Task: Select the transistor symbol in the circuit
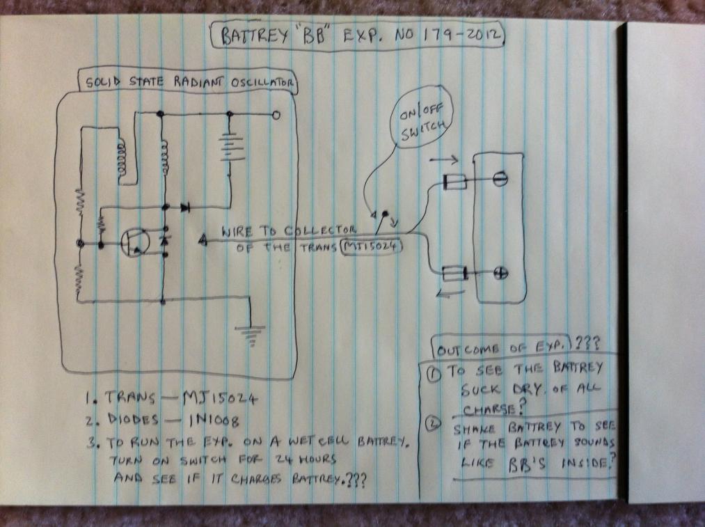(x=135, y=243)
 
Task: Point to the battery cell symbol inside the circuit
(x=231, y=147)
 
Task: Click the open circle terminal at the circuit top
(x=276, y=115)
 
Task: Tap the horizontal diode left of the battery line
(x=185, y=207)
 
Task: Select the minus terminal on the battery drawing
(x=500, y=178)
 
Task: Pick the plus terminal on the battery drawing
(x=500, y=273)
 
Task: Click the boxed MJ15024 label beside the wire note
(x=372, y=247)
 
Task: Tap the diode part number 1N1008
(x=214, y=421)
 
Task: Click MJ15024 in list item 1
(x=220, y=398)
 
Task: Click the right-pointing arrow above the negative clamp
(x=444, y=159)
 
